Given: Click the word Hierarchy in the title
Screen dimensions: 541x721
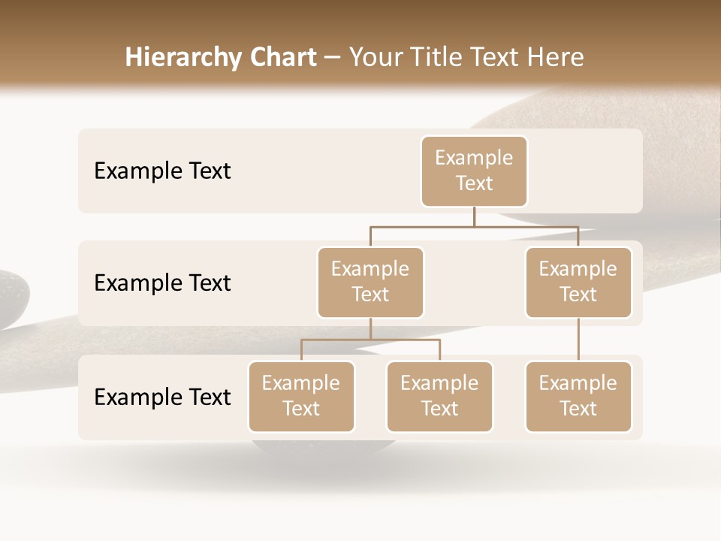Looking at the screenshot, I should (x=183, y=57).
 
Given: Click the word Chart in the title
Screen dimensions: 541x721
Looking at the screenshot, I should (x=282, y=57).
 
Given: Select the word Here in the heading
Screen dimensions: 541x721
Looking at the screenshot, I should (x=556, y=57).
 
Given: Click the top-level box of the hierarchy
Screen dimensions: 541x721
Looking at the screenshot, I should (x=474, y=171).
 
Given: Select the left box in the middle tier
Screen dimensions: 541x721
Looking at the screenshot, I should (x=370, y=283).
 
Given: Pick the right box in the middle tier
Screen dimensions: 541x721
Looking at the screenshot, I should (x=578, y=283).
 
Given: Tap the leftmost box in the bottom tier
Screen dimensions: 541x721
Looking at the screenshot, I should (x=301, y=397).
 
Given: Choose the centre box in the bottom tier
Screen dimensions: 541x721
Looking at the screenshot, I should (x=439, y=397).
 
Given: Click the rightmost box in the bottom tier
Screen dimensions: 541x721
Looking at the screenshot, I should (x=578, y=397).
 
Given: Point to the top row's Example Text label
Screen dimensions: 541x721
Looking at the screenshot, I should (x=162, y=171).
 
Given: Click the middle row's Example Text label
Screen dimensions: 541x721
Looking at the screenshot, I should (x=162, y=283).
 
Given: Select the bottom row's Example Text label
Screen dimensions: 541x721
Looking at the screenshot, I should (x=162, y=397).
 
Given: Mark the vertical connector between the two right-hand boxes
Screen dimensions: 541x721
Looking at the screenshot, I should (x=578, y=340).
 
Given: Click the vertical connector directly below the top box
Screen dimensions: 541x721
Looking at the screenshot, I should (x=474, y=216).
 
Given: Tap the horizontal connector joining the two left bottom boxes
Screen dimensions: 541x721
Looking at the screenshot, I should (x=370, y=340).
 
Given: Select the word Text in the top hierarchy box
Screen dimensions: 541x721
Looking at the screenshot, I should (x=474, y=183).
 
